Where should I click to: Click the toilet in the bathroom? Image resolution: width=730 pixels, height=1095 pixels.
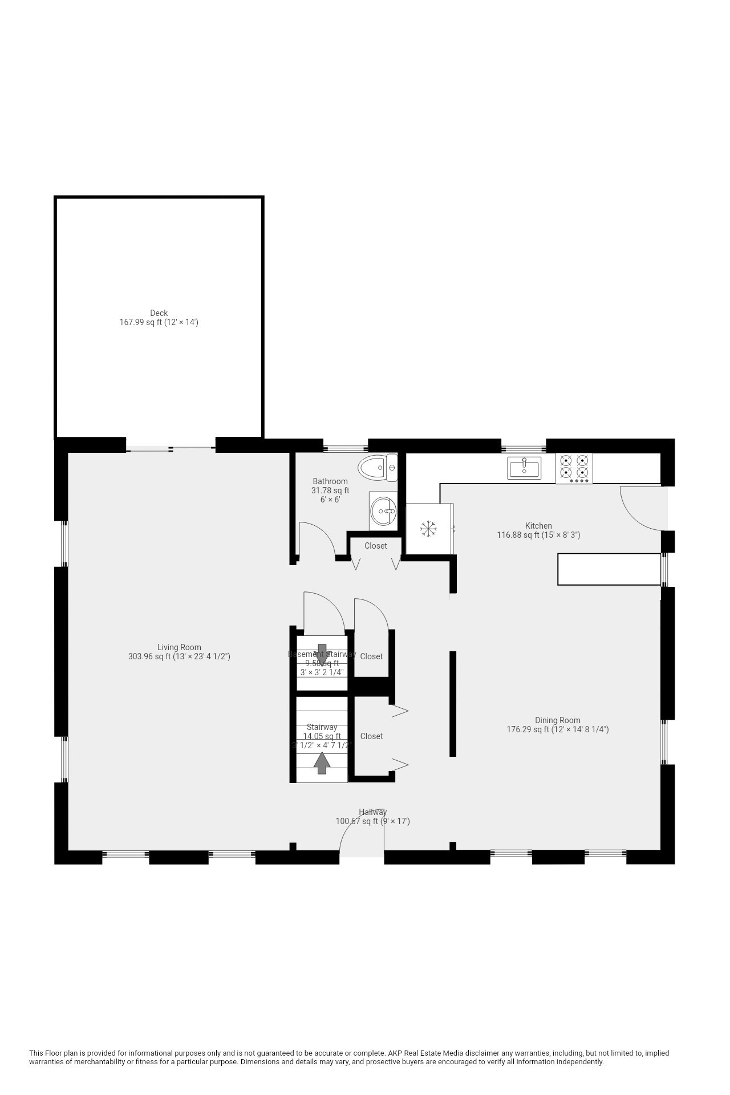(378, 468)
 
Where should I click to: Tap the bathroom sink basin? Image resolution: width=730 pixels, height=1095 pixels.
(383, 511)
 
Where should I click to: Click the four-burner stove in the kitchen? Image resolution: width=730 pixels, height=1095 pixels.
(574, 468)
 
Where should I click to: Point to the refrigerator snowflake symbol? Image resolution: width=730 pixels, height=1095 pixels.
(428, 529)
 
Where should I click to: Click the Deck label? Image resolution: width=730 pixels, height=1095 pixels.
(159, 313)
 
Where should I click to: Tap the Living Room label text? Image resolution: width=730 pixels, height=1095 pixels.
(179, 647)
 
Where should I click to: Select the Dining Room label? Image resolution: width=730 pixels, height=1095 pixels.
(557, 720)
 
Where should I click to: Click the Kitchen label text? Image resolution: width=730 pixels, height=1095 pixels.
(538, 526)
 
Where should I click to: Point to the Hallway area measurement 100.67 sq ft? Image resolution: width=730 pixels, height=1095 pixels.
(372, 821)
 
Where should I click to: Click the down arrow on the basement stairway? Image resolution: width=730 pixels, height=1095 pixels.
(322, 654)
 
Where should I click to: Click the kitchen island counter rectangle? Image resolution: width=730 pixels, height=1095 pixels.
(609, 569)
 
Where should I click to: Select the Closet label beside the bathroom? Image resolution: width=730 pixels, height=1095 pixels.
(376, 546)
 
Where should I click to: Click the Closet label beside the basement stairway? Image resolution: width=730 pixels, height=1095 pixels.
(371, 656)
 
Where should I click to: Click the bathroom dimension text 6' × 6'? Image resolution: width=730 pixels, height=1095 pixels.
(330, 500)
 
